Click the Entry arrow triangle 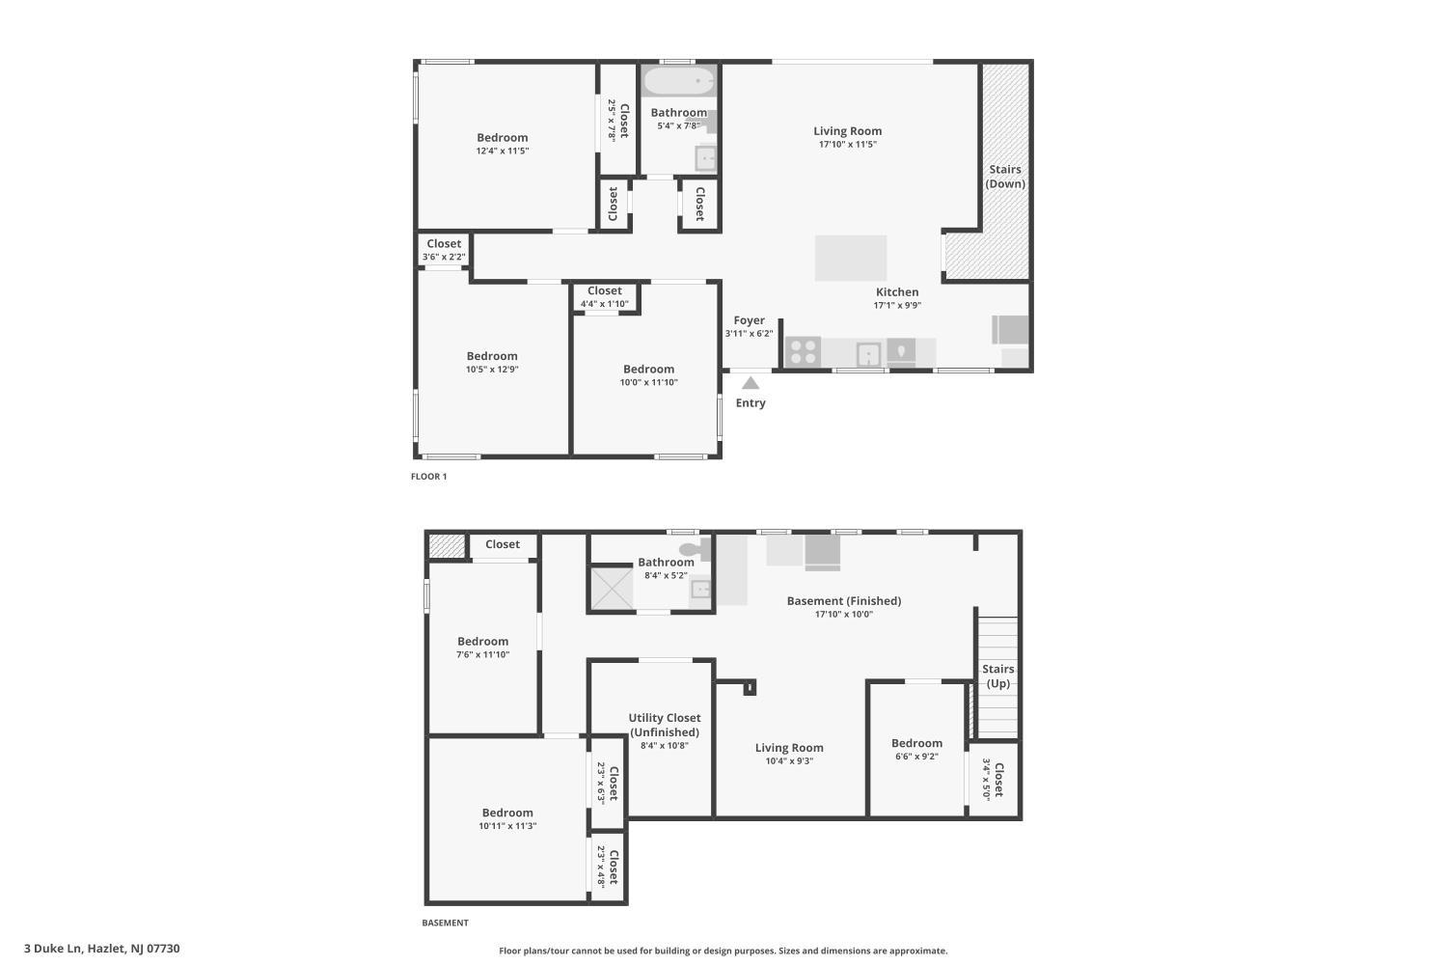(751, 383)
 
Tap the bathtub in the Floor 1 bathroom (679, 81)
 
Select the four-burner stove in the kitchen (803, 352)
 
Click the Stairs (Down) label (1005, 177)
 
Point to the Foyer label (749, 320)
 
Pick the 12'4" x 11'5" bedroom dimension (502, 151)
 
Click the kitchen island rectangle (851, 258)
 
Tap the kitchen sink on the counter (869, 354)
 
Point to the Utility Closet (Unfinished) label (665, 725)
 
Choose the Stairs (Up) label (997, 675)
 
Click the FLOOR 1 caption (429, 477)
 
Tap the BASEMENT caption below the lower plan (445, 923)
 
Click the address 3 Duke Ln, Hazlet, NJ (102, 949)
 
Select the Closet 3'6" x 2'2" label (444, 250)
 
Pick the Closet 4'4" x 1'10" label (604, 297)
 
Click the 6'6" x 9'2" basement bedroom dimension (916, 757)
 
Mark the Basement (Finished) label (844, 600)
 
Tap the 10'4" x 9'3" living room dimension (788, 760)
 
